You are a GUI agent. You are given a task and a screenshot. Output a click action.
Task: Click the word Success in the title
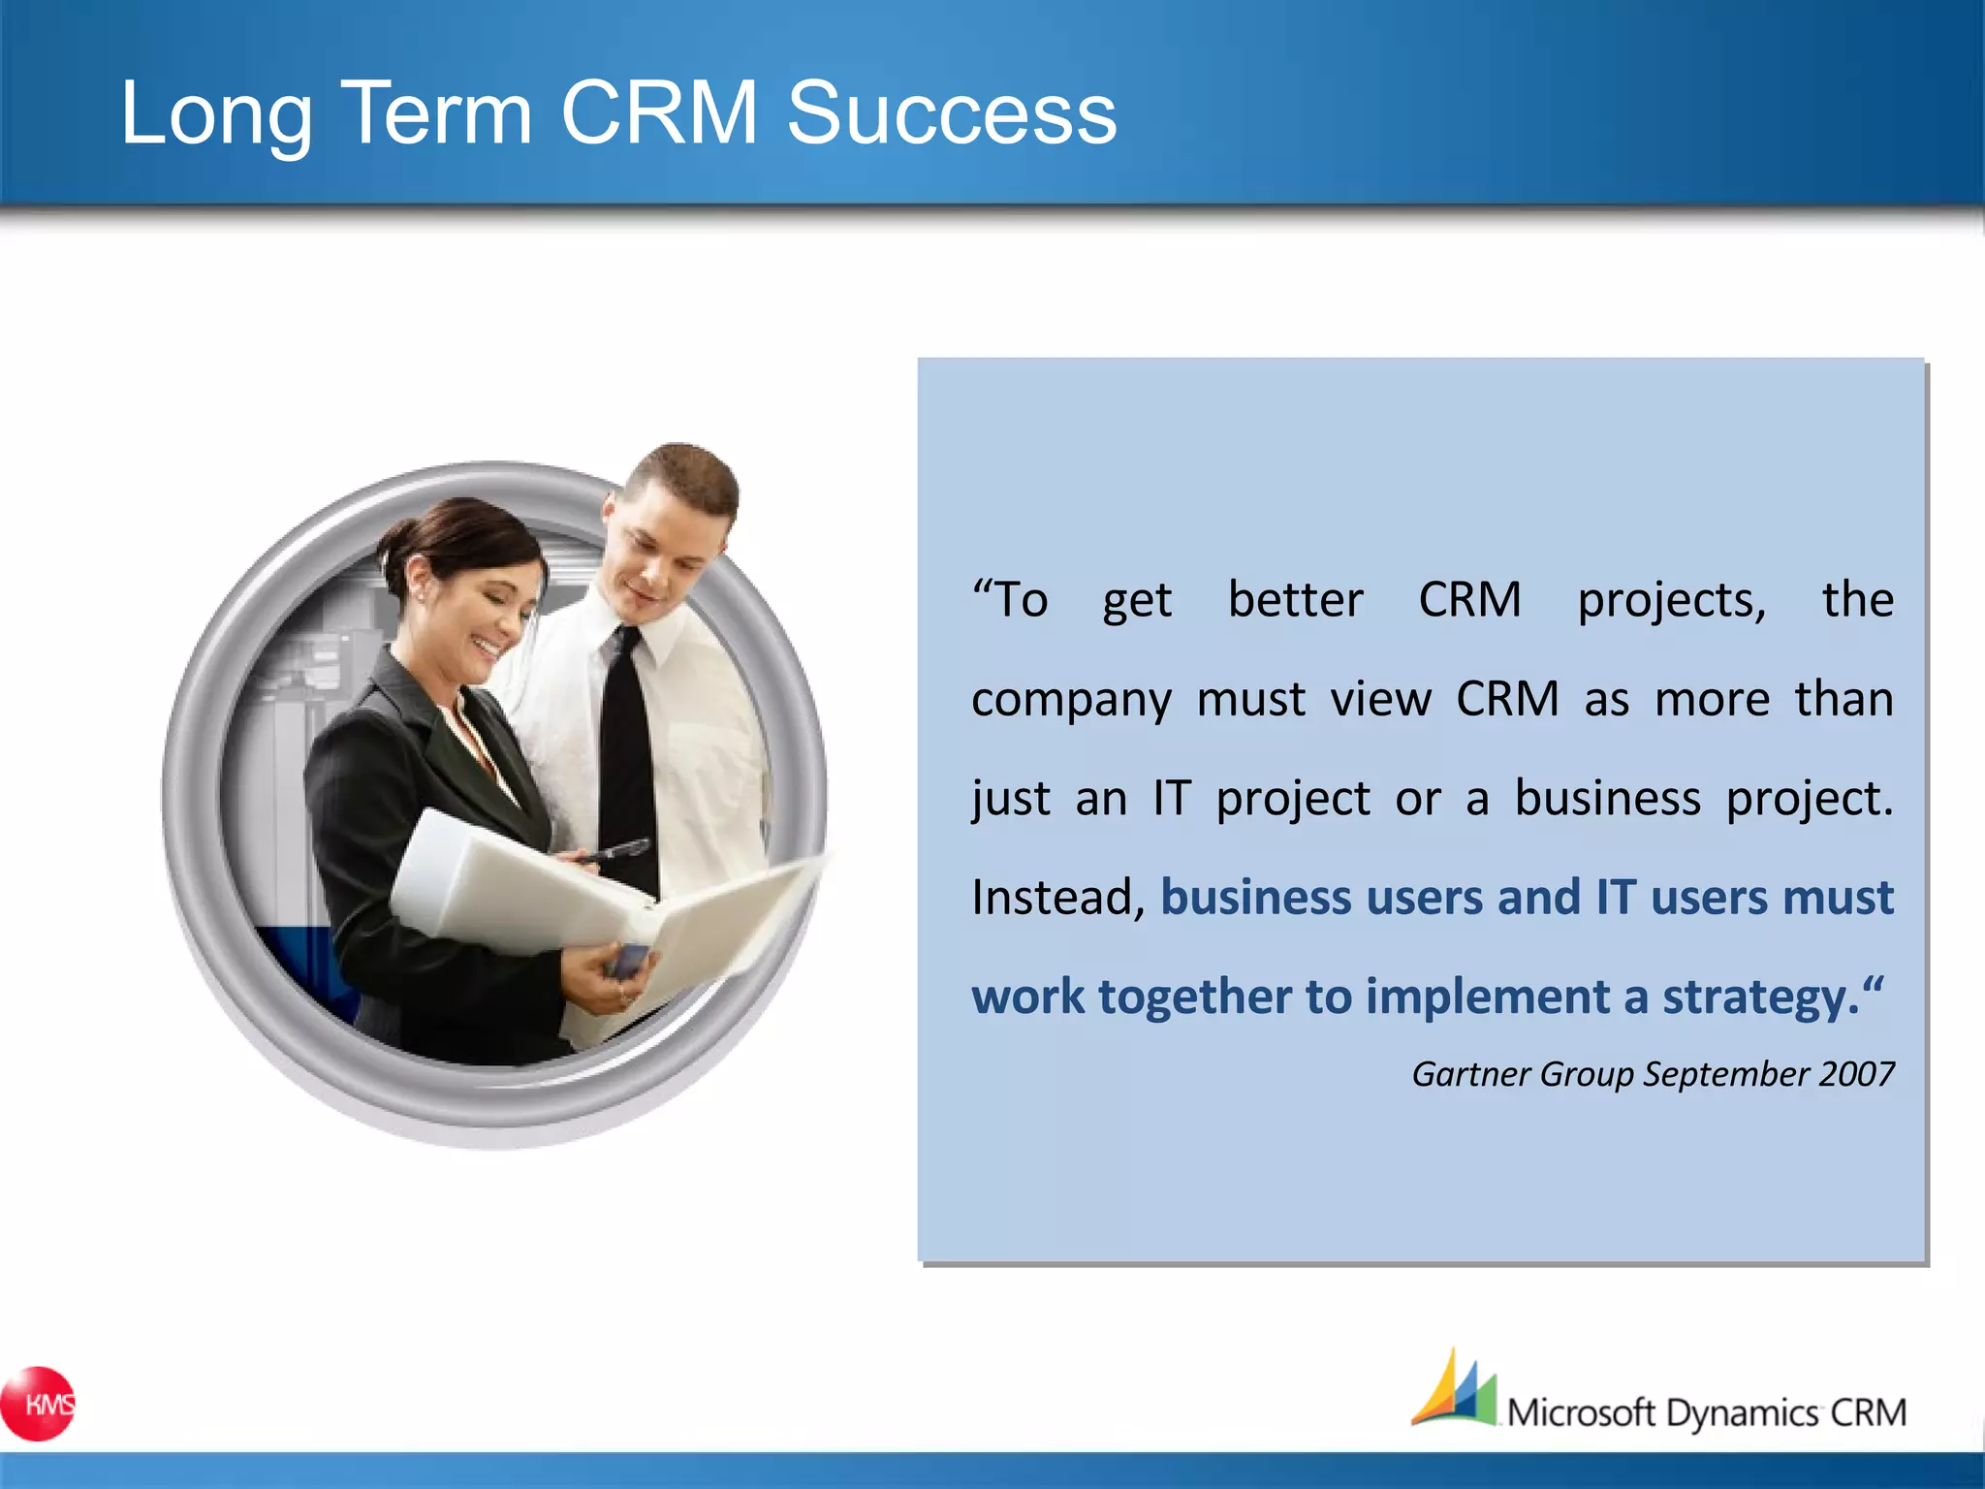point(951,113)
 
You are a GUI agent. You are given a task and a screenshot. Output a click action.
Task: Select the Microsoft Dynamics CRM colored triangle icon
point(1454,1392)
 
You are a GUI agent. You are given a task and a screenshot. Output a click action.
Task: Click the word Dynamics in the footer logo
point(1742,1413)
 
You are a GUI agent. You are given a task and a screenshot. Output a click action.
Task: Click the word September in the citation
point(1726,1074)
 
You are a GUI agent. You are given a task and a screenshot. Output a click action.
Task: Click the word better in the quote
point(1295,600)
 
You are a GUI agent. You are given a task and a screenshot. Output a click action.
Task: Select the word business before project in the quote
point(1607,799)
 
